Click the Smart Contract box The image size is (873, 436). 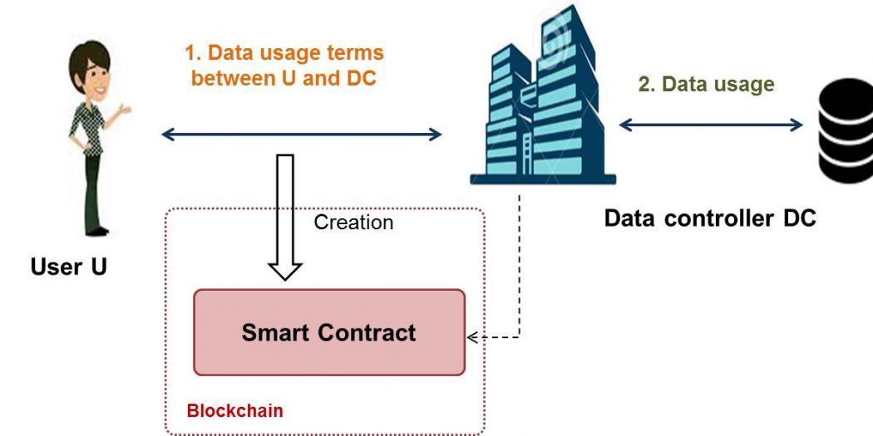coord(329,332)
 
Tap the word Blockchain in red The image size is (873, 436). coord(235,411)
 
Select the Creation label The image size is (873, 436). coord(353,223)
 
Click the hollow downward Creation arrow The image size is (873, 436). coord(285,217)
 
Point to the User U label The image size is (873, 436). coord(68,267)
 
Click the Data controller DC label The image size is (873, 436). coord(710,218)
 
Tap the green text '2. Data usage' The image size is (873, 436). coord(706,84)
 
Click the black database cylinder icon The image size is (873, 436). coord(846,130)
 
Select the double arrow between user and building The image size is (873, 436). coord(301,134)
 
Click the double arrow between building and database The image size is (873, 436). coord(710,125)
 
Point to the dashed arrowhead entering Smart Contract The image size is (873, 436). coord(472,337)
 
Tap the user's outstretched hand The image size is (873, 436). coord(124,109)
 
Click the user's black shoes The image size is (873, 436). coord(97,232)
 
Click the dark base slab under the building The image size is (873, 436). coord(543,179)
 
